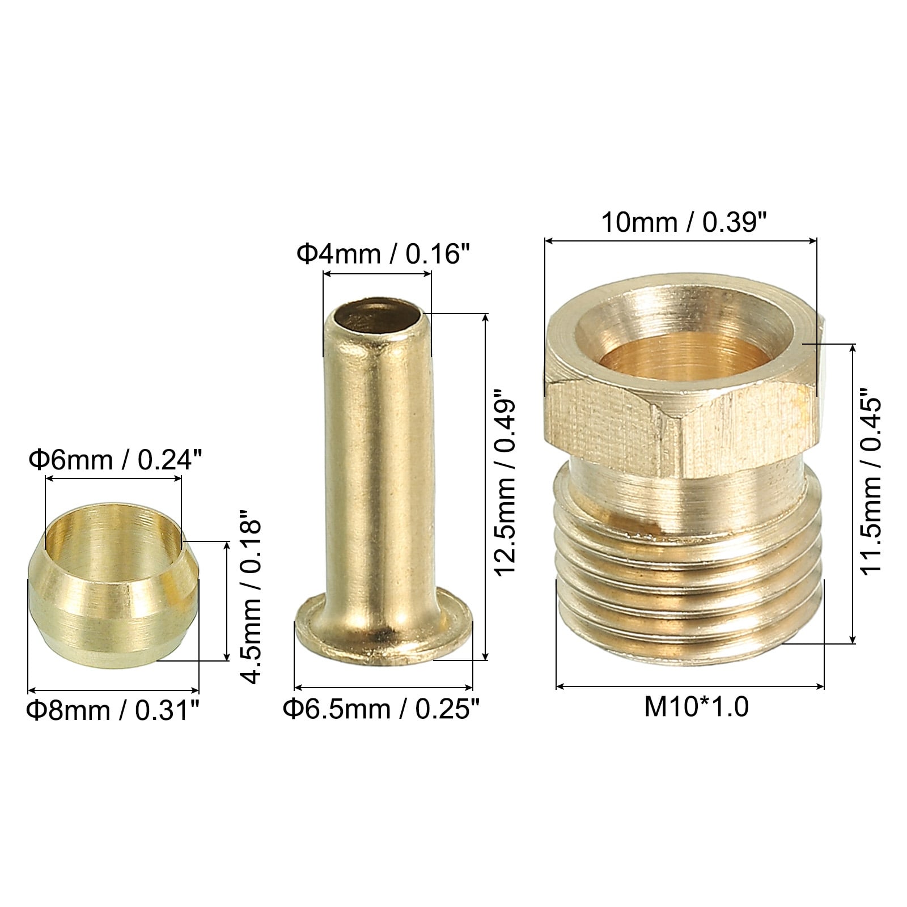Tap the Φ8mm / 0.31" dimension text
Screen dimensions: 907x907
(x=113, y=709)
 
